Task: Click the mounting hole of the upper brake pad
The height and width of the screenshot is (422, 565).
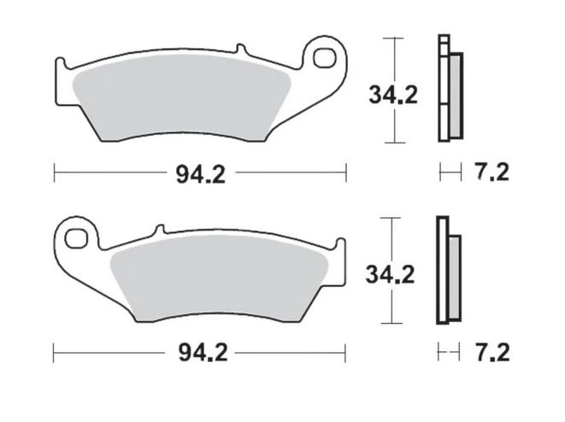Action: click(x=325, y=58)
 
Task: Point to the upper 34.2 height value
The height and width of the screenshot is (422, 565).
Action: click(x=393, y=96)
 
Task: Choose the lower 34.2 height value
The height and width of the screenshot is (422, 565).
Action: click(x=391, y=275)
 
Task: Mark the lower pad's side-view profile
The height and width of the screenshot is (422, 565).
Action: click(x=447, y=272)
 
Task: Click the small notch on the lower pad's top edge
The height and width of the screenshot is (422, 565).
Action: click(x=157, y=229)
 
